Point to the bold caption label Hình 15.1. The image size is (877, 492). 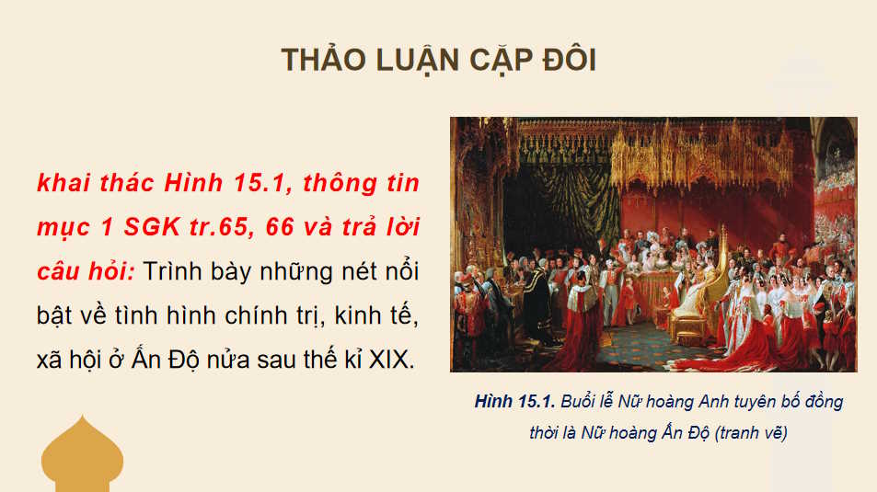pos(511,402)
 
